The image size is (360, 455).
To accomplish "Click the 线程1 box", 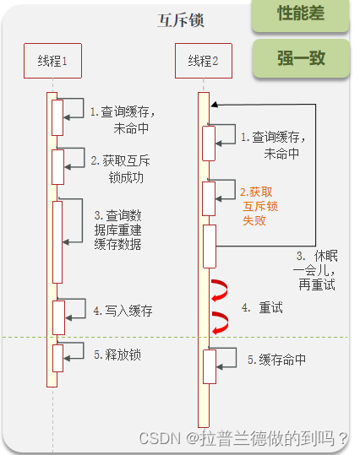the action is pyautogui.click(x=52, y=61).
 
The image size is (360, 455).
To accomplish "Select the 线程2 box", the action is pyautogui.click(x=204, y=61).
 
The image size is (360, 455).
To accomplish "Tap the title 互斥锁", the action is pyautogui.click(x=181, y=20).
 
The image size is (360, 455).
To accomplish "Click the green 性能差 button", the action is pyautogui.click(x=301, y=14).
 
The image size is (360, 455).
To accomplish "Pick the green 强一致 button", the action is pyautogui.click(x=301, y=58).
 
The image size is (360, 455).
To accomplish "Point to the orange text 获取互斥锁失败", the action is pyautogui.click(x=259, y=206).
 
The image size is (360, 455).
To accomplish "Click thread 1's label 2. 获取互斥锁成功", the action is pyautogui.click(x=120, y=169).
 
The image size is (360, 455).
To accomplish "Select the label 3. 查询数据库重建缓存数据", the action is pyautogui.click(x=117, y=230).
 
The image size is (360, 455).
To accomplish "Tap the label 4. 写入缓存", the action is pyautogui.click(x=123, y=311).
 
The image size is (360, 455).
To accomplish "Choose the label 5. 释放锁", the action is pyautogui.click(x=117, y=355).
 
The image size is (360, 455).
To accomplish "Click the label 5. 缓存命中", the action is pyautogui.click(x=276, y=360).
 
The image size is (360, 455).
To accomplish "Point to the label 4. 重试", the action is pyautogui.click(x=262, y=307).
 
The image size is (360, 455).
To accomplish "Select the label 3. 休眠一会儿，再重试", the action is pyautogui.click(x=315, y=270).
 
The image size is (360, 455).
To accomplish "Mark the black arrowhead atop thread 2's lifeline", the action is pyautogui.click(x=214, y=105).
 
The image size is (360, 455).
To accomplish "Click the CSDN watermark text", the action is pyautogui.click(x=243, y=438).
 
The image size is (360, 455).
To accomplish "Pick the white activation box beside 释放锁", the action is pyautogui.click(x=57, y=358).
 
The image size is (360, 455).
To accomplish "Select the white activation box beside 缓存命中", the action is pyautogui.click(x=210, y=366).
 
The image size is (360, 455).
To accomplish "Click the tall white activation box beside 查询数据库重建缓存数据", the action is pyautogui.click(x=57, y=242).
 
